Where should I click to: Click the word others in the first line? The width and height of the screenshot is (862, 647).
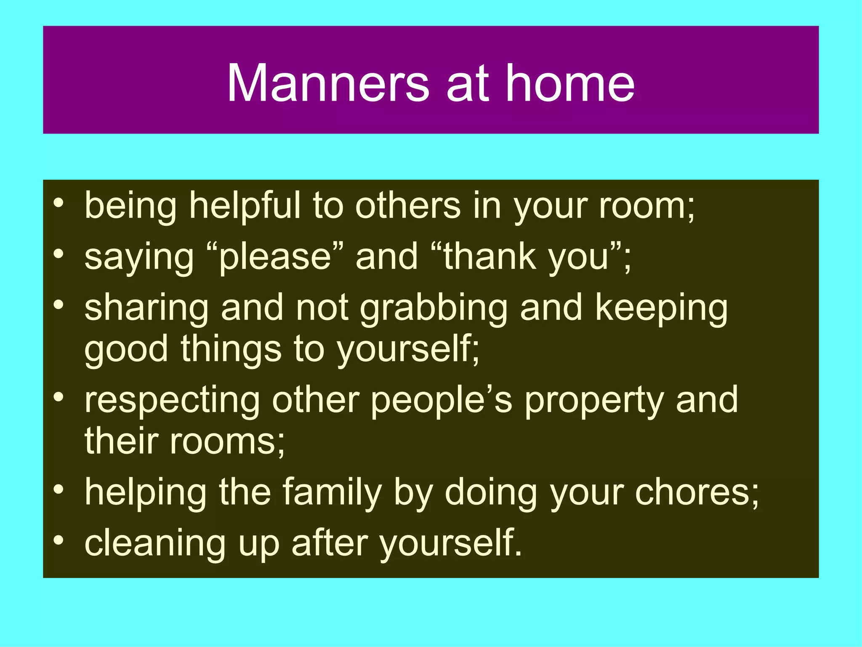pos(408,206)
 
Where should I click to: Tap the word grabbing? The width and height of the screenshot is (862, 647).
pos(434,308)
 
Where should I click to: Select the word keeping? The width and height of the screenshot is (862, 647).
pos(661,308)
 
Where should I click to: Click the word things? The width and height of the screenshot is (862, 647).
pos(231,350)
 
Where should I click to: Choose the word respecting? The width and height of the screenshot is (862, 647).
pos(172,400)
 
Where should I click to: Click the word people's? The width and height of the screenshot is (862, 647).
pos(442,400)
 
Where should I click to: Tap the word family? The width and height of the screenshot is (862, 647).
pos(332,492)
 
